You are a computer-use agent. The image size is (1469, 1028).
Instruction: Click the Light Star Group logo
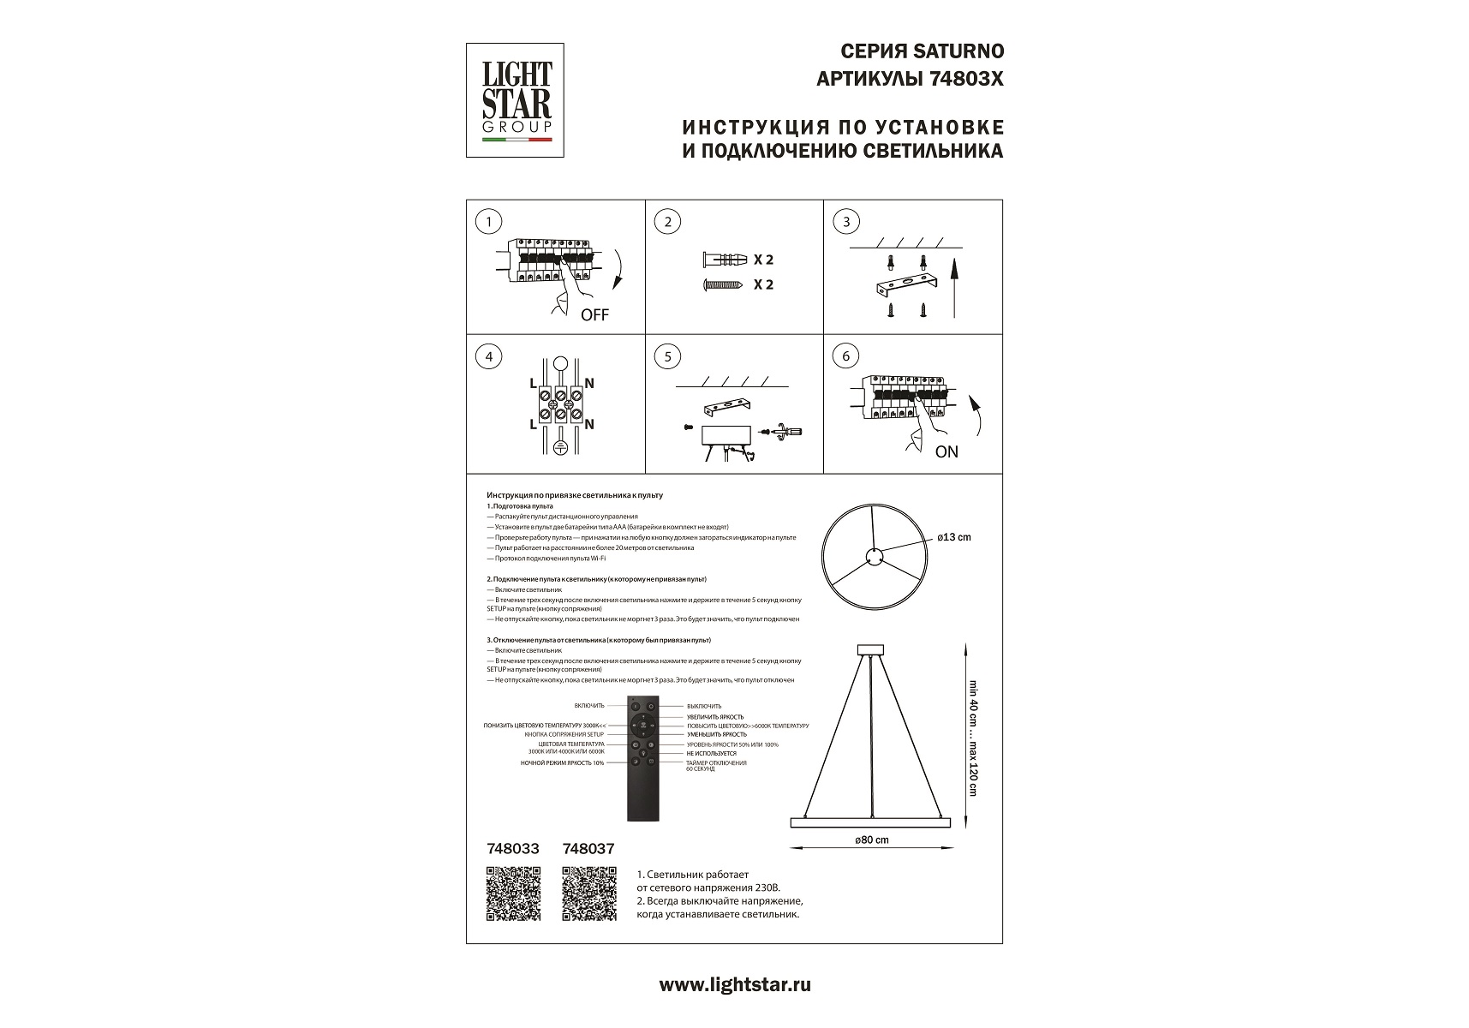pos(515,100)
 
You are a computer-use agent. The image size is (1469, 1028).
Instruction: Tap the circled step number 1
pos(488,222)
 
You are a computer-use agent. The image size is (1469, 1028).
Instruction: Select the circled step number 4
pos(488,356)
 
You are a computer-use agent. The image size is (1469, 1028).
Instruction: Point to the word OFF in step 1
pos(594,315)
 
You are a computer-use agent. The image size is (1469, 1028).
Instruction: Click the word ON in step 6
pos(946,451)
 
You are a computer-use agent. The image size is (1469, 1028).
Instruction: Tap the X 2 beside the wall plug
pos(763,260)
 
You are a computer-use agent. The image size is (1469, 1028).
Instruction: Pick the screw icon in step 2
pos(725,284)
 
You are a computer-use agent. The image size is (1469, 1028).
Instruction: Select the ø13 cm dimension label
pos(954,537)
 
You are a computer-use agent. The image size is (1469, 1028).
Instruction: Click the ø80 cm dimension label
pos(872,840)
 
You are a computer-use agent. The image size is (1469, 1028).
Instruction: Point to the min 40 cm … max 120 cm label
pos(972,738)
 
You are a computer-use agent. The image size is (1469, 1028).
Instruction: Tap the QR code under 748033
pos(513,894)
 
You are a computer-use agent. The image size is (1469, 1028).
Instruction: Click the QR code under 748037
pos(589,894)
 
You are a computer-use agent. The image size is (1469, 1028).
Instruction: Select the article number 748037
pos(588,849)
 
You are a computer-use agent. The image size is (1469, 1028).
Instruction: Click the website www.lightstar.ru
pos(734,985)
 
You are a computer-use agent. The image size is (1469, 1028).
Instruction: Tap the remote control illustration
pos(642,759)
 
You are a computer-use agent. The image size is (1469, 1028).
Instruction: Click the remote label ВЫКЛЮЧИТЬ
pos(704,706)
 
